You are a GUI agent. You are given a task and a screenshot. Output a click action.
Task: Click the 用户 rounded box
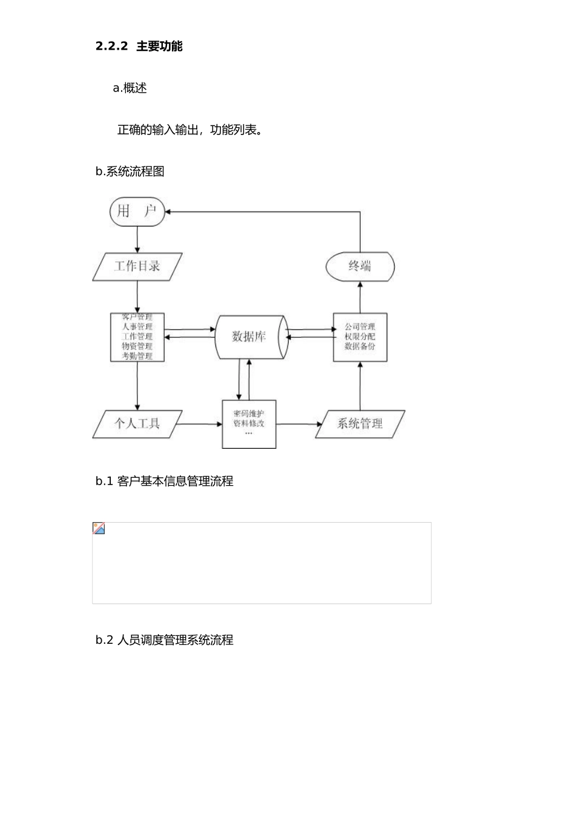[x=137, y=211]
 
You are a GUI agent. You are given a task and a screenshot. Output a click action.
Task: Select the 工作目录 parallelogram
[x=137, y=267]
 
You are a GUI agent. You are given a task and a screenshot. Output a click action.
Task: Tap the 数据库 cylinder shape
[x=249, y=337]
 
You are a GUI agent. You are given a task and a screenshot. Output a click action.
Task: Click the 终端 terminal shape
[x=360, y=266]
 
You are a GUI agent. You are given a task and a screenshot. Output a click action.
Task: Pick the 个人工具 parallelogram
[x=137, y=424]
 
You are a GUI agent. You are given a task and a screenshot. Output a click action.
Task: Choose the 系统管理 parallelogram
[x=360, y=424]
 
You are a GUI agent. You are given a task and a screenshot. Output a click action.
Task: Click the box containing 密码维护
[x=249, y=424]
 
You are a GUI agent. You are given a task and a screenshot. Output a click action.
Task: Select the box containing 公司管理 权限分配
[x=360, y=337]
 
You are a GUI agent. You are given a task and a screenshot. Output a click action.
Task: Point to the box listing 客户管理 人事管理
[x=137, y=337]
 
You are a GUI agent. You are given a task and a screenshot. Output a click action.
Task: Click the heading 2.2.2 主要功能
[x=139, y=47]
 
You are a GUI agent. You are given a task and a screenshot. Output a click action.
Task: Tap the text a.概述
[x=130, y=88]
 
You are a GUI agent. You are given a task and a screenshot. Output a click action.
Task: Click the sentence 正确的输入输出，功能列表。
[x=189, y=130]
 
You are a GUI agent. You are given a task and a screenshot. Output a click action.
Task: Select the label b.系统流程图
[x=130, y=171]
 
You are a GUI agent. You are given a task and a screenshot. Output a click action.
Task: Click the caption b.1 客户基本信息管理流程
[x=165, y=481]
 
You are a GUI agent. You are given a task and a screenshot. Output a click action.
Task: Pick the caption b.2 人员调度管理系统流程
[x=165, y=640]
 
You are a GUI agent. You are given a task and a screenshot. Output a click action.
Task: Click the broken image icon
[x=99, y=528]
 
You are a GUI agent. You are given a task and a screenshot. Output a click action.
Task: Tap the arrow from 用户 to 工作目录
[x=137, y=240]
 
